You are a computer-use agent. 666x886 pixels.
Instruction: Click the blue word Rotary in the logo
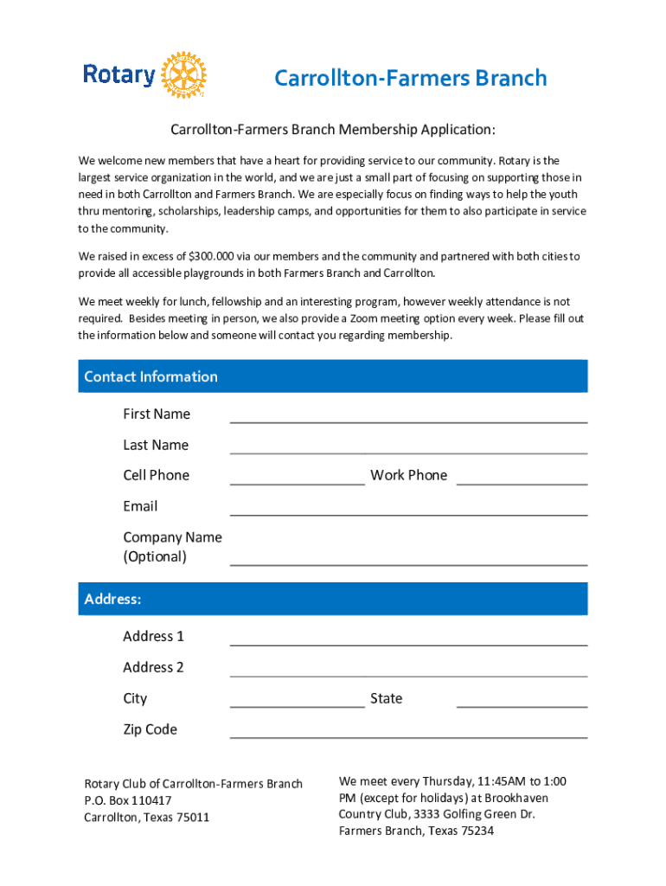point(119,75)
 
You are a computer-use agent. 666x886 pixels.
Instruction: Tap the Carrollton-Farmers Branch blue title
point(410,79)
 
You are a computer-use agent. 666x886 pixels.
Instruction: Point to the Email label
point(140,506)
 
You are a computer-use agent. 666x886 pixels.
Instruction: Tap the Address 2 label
point(153,667)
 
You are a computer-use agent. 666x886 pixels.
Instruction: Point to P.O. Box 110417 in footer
point(128,801)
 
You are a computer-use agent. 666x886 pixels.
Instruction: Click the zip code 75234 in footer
point(477,831)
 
